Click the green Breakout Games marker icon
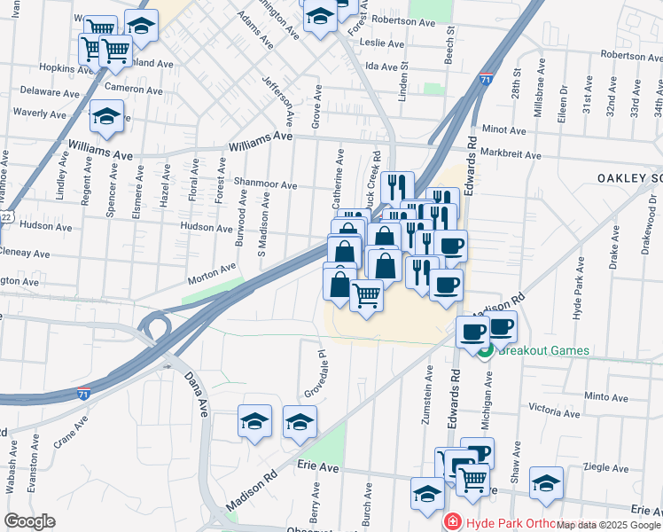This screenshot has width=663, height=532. tap(486, 350)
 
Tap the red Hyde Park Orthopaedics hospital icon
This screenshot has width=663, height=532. tap(453, 521)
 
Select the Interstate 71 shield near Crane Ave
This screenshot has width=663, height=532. tap(82, 393)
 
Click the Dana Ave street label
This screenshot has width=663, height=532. tap(194, 395)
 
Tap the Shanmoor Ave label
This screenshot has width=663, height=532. tap(265, 184)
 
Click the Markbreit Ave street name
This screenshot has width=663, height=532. tap(510, 154)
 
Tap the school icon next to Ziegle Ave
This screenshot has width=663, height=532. tap(546, 482)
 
